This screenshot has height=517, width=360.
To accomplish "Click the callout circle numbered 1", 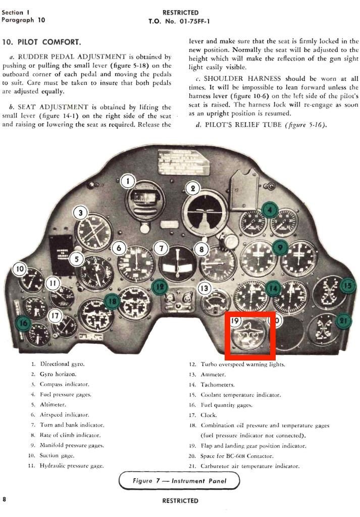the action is (x=128, y=181).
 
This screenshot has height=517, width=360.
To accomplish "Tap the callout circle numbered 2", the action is (x=192, y=189).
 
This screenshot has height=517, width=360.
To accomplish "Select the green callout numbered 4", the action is (x=270, y=210).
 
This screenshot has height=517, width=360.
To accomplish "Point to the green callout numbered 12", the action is (x=160, y=287).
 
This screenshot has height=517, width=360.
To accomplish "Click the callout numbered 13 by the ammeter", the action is (x=204, y=288).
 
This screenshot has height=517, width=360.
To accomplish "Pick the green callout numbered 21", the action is (x=343, y=321).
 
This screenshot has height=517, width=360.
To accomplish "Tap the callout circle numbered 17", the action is (x=55, y=316).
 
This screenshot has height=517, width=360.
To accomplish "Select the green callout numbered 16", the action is (x=23, y=323).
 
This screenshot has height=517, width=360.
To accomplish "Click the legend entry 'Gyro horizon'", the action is (x=58, y=374).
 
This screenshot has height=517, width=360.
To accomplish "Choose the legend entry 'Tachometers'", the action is (x=218, y=385).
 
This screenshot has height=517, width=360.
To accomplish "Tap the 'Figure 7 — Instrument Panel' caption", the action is (x=179, y=481).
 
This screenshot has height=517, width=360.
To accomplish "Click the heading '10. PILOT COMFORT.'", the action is (x=41, y=42).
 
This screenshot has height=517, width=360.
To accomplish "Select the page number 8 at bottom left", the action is (x=4, y=499).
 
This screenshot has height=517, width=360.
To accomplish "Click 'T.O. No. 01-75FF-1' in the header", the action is (x=179, y=21).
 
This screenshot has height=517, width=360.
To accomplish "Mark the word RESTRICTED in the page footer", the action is (x=180, y=500).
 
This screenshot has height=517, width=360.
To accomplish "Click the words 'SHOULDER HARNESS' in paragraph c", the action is (x=242, y=78).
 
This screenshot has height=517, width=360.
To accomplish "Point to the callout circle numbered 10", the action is (x=20, y=269).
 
